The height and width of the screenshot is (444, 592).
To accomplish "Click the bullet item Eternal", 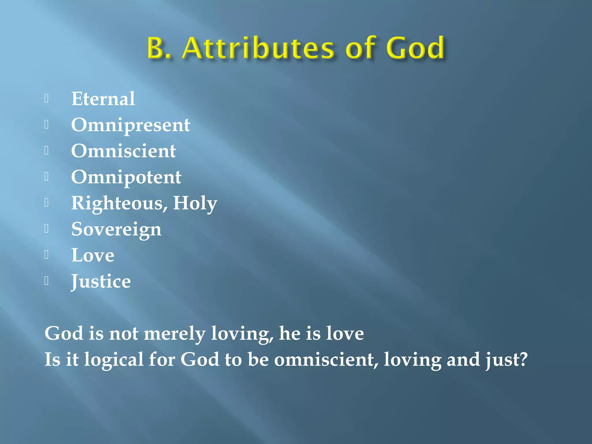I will (103, 99).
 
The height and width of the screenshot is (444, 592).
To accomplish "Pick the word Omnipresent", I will (131, 125).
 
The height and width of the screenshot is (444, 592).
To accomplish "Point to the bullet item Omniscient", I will (123, 151).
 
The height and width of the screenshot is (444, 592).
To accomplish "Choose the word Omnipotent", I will (126, 177).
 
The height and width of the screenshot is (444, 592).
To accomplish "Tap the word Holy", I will (195, 203).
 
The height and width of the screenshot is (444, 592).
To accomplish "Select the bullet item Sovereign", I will (116, 230).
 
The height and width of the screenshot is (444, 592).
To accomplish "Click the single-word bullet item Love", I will (93, 256).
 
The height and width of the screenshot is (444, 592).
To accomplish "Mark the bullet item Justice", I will (101, 282).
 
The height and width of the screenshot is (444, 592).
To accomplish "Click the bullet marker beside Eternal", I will (47, 99).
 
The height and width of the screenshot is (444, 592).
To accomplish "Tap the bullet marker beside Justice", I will (47, 281).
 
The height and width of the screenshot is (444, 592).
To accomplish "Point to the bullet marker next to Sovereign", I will (47, 229).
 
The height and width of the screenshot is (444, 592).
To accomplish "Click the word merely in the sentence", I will (174, 334).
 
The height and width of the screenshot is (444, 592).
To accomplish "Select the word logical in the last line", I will (114, 360).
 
